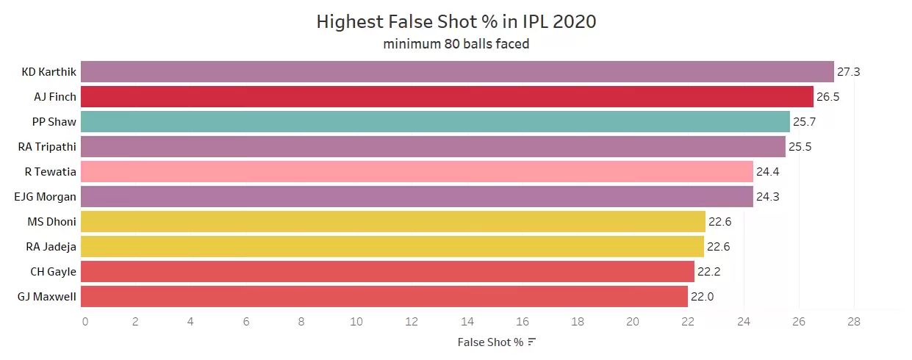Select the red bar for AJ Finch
447,97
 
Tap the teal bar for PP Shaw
435,122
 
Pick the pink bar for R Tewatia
417,172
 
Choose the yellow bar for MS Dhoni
393,222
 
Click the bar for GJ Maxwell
384,297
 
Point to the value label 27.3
848,72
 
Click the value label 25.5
800,147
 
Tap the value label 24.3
767,197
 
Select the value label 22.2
709,272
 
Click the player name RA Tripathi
47,147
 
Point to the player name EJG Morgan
45,197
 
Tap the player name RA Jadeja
51,247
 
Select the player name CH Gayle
53,272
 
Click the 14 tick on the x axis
467,321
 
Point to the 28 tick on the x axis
853,321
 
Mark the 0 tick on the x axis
85,321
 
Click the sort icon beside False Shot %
532,342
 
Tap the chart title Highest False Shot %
456,22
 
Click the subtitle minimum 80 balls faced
456,44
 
